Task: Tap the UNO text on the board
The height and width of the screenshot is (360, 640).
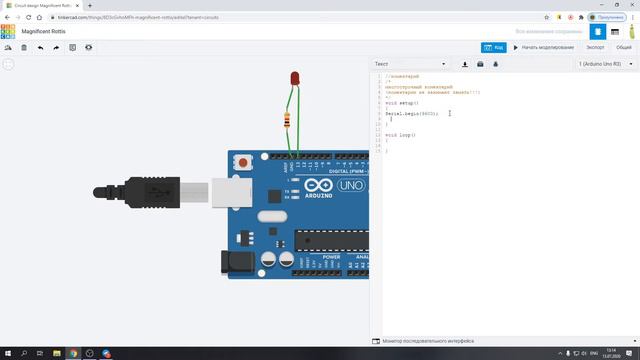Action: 352,185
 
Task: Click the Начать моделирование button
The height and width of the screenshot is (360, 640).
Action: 544,47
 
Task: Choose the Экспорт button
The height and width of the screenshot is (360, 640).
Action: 595,47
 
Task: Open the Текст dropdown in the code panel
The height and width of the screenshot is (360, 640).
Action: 410,64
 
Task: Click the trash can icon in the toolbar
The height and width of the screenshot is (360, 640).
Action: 24,47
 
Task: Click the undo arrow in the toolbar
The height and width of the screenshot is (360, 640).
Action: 40,47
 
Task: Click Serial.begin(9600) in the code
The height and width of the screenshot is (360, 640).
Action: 411,113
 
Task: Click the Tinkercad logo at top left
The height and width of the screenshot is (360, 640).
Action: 7,31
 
